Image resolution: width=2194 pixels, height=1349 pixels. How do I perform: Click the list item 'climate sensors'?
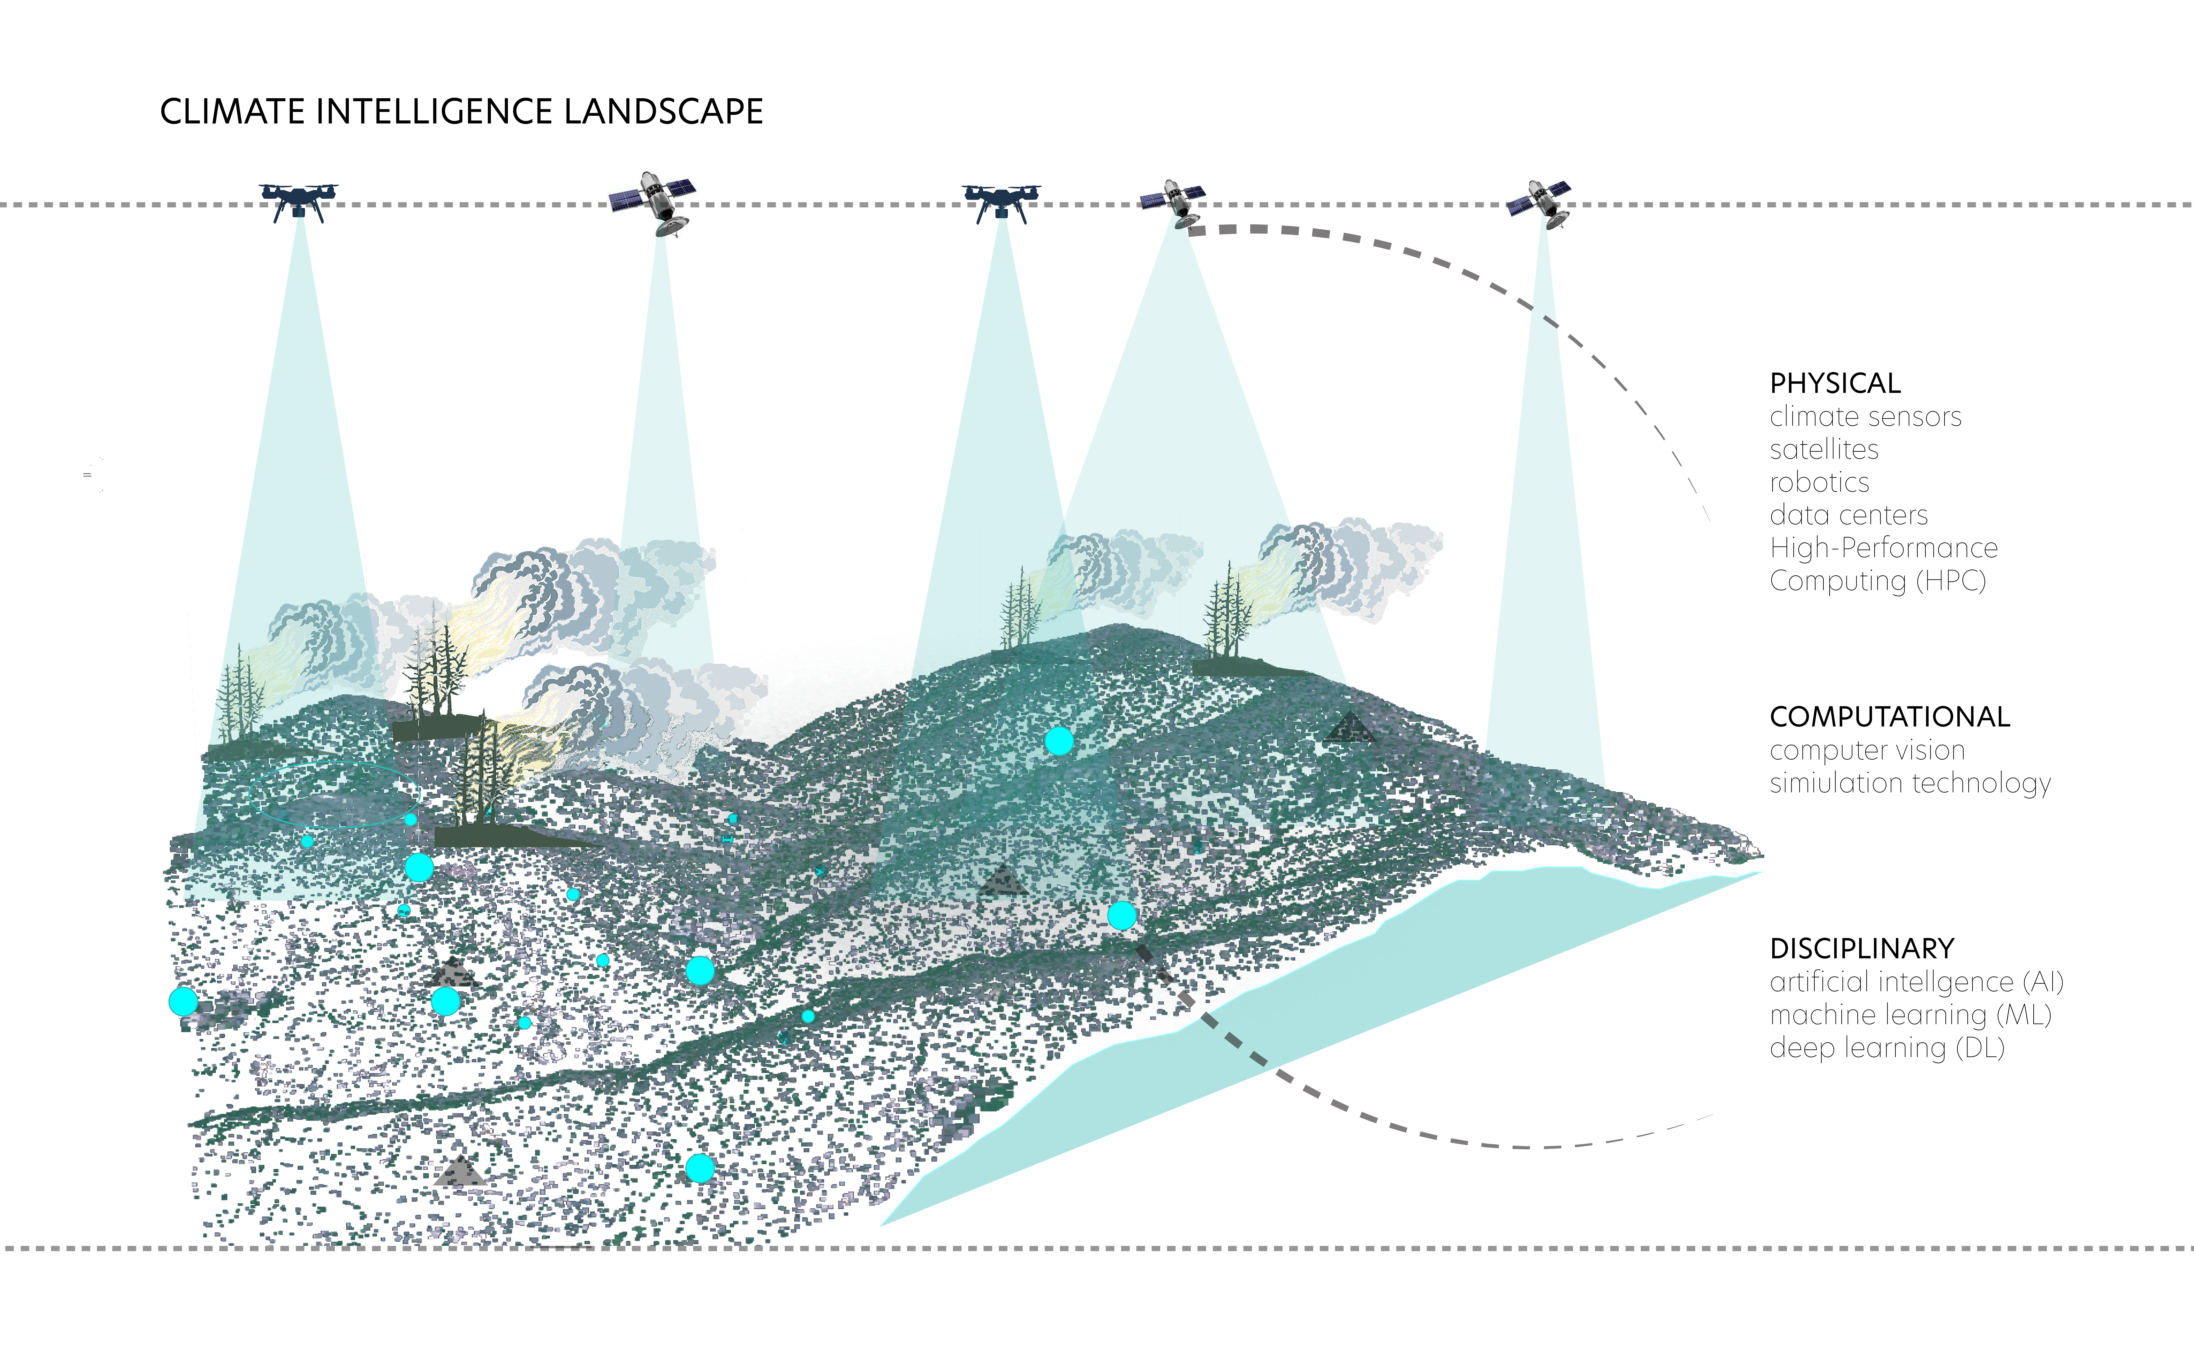(1865, 417)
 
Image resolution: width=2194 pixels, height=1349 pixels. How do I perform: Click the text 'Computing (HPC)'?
(1878, 581)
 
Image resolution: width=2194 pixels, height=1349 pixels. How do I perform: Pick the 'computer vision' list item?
(1867, 750)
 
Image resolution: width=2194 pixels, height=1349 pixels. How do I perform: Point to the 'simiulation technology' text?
(1910, 783)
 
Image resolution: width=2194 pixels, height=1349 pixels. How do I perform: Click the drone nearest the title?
(298, 201)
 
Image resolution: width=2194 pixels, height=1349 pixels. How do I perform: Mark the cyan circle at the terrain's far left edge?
(183, 1001)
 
